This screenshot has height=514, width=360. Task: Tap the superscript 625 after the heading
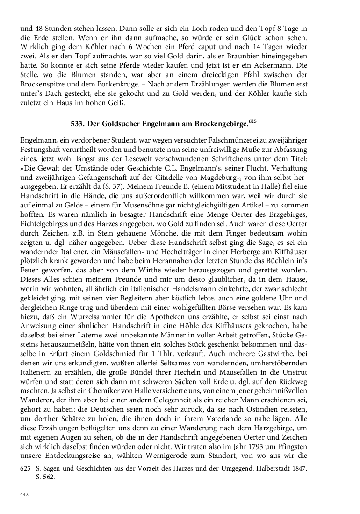[x=253, y=121]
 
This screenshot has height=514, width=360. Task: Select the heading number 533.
[x=78, y=124]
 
